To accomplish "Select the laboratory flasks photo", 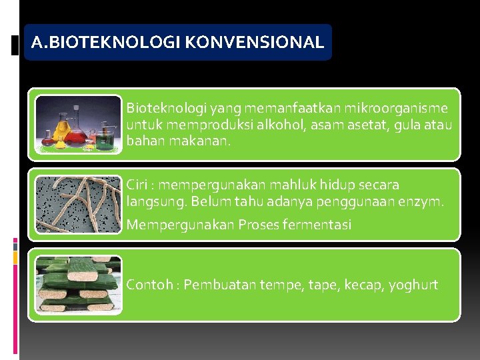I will coord(79,125).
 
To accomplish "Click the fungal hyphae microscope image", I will coord(79,204).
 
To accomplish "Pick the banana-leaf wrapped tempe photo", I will coord(79,285).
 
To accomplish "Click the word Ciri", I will coord(139,185).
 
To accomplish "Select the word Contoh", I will coord(149,285).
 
